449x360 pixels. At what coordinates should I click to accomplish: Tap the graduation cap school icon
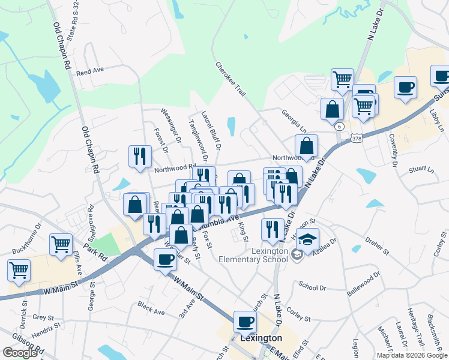pos(307,239)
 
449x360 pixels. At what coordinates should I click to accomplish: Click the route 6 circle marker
pos(340,127)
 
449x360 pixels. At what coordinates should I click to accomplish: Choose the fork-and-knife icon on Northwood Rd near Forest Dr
pos(140,156)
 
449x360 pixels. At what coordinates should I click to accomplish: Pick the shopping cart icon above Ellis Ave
pos(61,245)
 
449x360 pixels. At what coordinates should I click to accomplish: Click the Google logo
pos(20,353)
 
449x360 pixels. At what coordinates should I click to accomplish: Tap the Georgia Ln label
pos(294,121)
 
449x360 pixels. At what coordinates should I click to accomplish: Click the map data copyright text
pos(412,355)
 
